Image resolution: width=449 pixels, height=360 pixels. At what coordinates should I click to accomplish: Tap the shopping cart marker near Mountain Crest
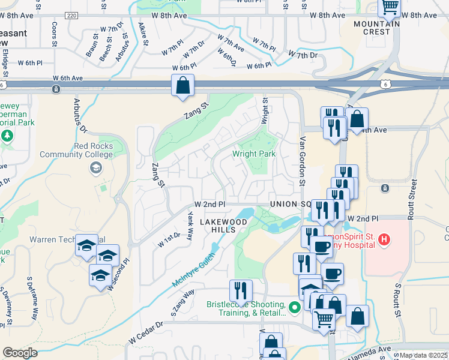click(x=390, y=7)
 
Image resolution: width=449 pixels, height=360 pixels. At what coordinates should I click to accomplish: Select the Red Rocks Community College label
click(x=76, y=150)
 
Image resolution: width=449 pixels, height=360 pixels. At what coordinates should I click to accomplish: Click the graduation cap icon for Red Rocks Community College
click(x=95, y=167)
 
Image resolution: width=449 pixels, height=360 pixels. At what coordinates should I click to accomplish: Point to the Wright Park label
click(x=255, y=154)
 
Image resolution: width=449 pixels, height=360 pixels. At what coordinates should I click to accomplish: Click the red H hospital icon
click(x=385, y=240)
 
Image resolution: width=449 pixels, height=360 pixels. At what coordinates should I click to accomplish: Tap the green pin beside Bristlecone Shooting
click(x=294, y=308)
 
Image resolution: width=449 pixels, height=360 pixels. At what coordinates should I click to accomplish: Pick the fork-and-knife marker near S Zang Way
click(x=241, y=290)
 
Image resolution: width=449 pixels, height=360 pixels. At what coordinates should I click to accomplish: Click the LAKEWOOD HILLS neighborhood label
click(x=223, y=226)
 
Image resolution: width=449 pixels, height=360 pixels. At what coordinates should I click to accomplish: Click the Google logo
click(x=20, y=353)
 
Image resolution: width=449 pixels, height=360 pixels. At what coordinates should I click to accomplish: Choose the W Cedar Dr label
click(x=145, y=332)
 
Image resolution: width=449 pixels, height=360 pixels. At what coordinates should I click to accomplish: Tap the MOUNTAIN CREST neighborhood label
click(x=377, y=28)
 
